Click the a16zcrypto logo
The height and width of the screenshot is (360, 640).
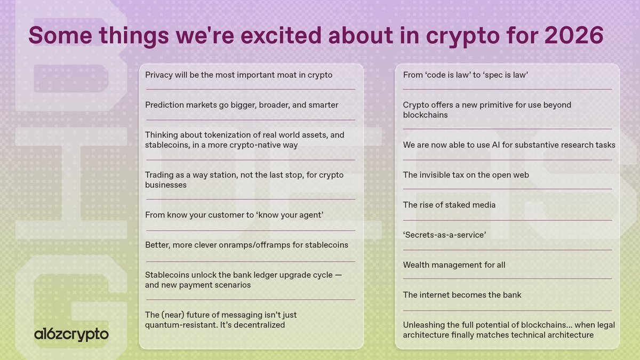71,334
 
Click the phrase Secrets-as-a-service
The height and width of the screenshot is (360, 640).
444,235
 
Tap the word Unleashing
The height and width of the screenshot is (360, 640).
424,325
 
